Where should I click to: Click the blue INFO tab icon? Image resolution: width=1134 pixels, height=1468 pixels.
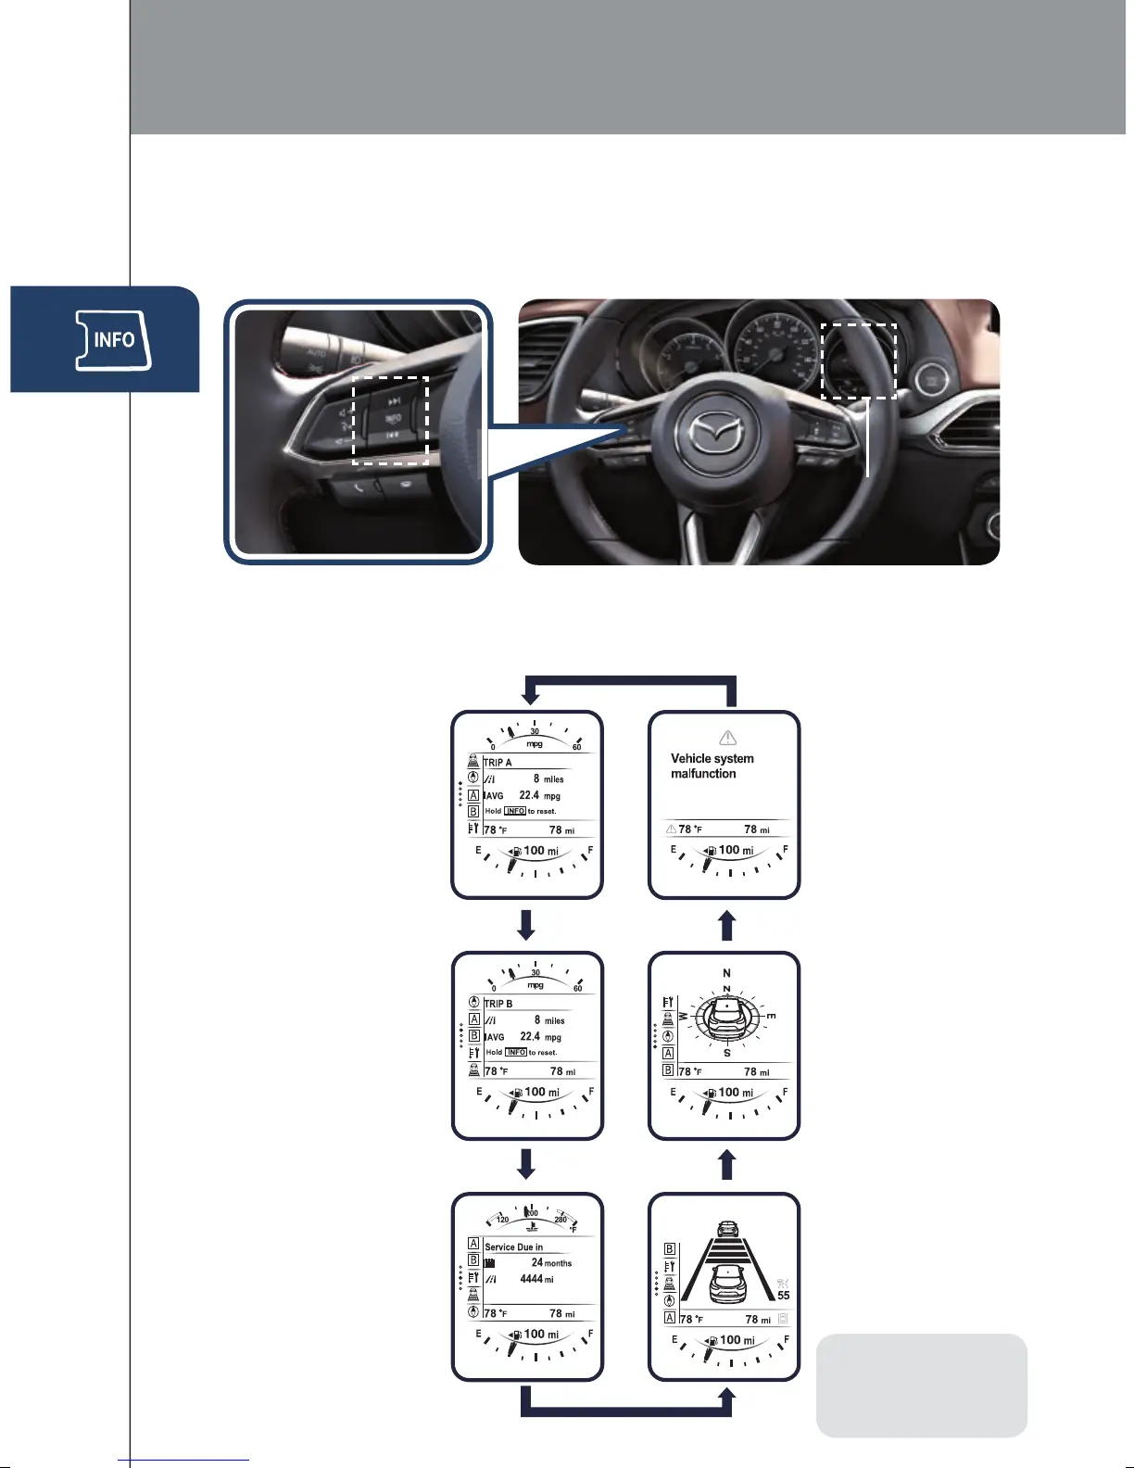click(x=113, y=340)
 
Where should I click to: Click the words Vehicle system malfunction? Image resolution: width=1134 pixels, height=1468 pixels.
click(x=712, y=766)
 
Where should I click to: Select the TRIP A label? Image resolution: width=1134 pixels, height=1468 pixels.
click(x=498, y=763)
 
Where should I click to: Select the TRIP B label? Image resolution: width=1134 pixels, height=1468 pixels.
click(x=498, y=1004)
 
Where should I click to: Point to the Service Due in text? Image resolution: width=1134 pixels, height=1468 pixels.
click(x=513, y=1247)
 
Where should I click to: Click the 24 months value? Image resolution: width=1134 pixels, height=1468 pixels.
click(x=550, y=1263)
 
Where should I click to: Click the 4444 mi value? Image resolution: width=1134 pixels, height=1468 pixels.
click(x=536, y=1279)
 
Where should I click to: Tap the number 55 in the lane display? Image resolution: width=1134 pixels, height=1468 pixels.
click(x=784, y=1296)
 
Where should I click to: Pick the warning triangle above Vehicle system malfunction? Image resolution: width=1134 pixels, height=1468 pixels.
click(x=727, y=739)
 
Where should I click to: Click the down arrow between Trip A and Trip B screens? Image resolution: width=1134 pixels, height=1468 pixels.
click(x=526, y=924)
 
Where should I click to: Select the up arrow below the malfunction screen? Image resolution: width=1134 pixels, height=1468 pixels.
click(x=727, y=925)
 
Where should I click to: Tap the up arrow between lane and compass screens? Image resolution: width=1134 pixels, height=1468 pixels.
click(x=727, y=1165)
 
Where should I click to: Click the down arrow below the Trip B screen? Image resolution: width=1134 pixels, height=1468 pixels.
click(x=526, y=1164)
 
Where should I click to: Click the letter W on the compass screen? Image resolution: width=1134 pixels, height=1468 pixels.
click(x=684, y=1017)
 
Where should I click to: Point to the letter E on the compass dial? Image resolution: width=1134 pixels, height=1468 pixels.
click(x=770, y=1017)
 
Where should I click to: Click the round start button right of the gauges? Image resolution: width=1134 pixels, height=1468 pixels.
click(x=930, y=381)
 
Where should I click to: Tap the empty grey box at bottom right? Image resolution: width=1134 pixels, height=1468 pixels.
click(x=921, y=1385)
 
